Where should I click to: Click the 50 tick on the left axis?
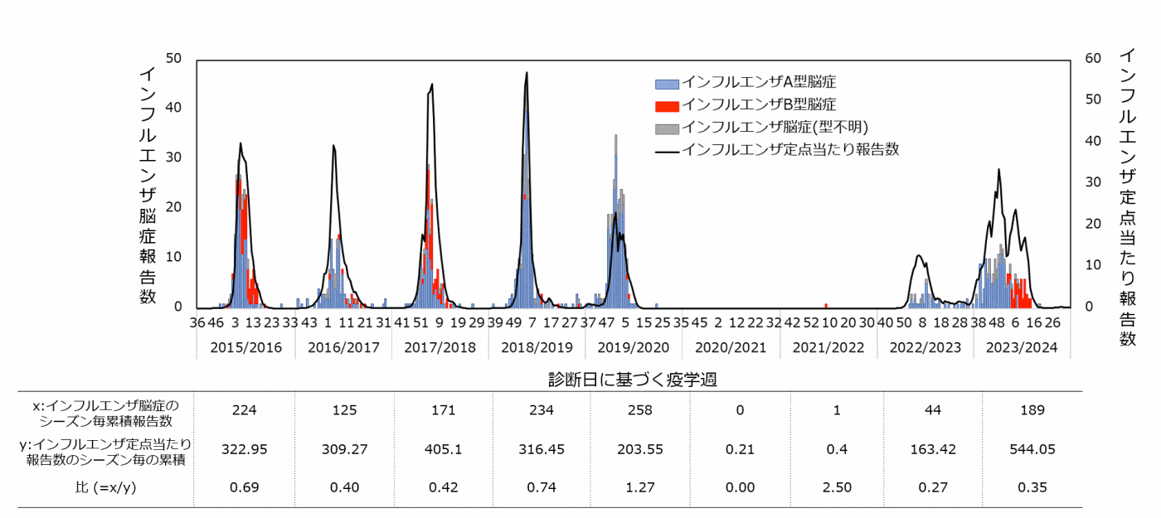(x=173, y=58)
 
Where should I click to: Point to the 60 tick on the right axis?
(x=1093, y=58)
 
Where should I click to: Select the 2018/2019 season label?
(x=537, y=347)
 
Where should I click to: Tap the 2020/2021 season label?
(x=731, y=347)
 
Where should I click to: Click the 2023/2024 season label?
(x=1022, y=347)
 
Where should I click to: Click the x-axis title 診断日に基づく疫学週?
(x=633, y=380)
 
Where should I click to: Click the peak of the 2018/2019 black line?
(x=527, y=73)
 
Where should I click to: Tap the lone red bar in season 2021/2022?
(x=826, y=306)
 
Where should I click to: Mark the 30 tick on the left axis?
(x=173, y=157)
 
